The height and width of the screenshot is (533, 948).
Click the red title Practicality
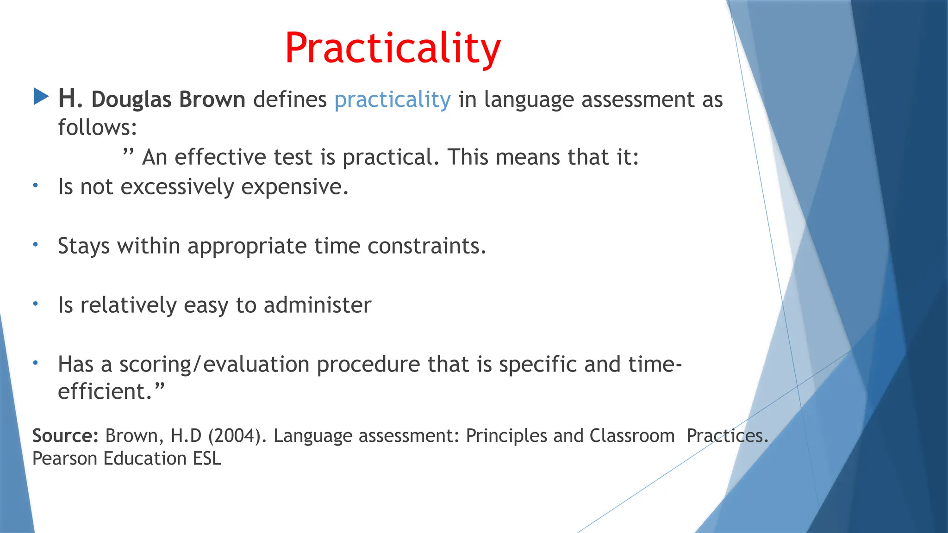pos(393,48)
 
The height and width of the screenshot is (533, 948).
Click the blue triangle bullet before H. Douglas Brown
pos(41,97)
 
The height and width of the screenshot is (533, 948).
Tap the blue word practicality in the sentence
pos(392,100)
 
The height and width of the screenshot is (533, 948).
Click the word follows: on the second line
pos(98,127)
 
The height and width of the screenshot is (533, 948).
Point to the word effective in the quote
pos(220,157)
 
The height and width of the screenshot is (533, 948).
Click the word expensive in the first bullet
pos(294,187)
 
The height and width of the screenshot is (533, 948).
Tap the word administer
pos(317,305)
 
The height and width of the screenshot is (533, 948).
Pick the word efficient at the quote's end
pos(105,391)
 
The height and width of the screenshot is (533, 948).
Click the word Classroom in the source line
pos(632,436)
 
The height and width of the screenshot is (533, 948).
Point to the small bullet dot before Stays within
pos(35,244)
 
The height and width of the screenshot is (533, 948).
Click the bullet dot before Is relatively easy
pos(35,304)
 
